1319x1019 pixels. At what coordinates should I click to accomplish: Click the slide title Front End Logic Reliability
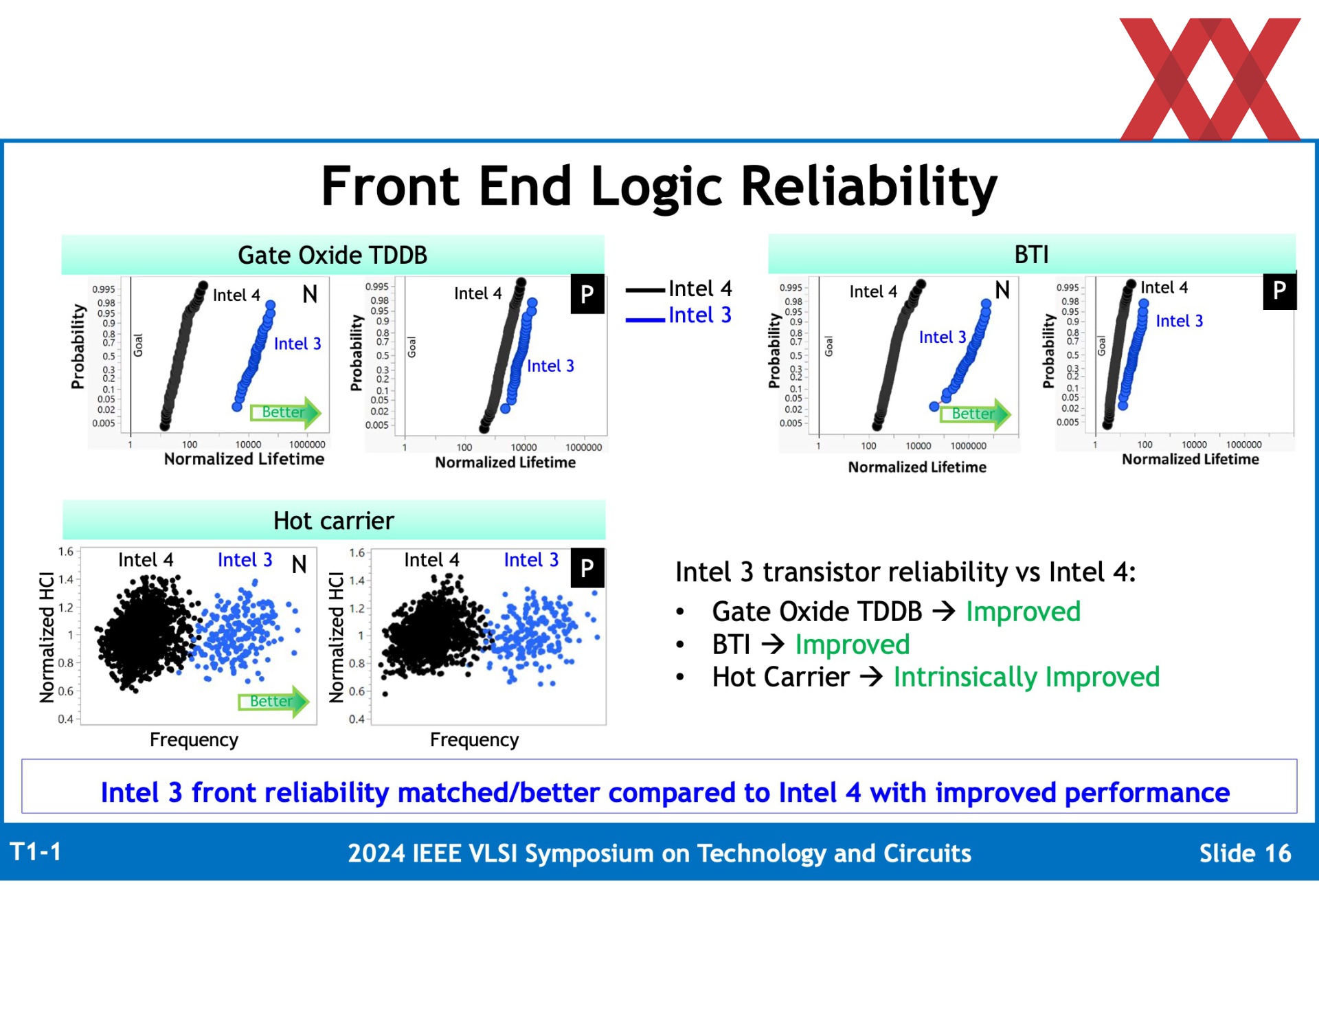659,187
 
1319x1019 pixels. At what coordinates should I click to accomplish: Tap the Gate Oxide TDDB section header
332,255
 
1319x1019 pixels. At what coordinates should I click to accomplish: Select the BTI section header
1032,254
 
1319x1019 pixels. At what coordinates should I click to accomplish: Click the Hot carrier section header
334,520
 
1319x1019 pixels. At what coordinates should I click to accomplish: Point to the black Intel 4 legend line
645,291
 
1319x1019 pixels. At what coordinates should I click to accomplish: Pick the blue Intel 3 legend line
645,320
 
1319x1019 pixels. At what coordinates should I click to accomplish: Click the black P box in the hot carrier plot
587,568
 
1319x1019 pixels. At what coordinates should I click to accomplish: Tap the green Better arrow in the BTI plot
976,414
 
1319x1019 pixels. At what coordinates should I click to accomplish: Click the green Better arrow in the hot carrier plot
273,702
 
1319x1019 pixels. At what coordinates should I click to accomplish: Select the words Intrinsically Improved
1026,678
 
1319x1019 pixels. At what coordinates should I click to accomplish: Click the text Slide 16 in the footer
1245,853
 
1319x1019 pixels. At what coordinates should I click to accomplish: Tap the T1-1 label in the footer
36,852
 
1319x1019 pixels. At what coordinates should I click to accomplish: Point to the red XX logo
1210,79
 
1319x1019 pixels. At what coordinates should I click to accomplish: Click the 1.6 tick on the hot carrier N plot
66,551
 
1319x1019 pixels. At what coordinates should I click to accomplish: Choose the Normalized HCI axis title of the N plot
47,637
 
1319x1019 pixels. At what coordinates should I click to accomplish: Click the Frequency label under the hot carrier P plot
474,740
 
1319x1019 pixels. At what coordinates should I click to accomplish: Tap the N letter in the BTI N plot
1002,290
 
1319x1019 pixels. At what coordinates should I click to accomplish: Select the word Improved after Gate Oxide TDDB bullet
1023,612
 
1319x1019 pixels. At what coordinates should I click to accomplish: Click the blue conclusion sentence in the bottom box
665,792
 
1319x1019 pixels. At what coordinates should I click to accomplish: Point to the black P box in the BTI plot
1280,291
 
